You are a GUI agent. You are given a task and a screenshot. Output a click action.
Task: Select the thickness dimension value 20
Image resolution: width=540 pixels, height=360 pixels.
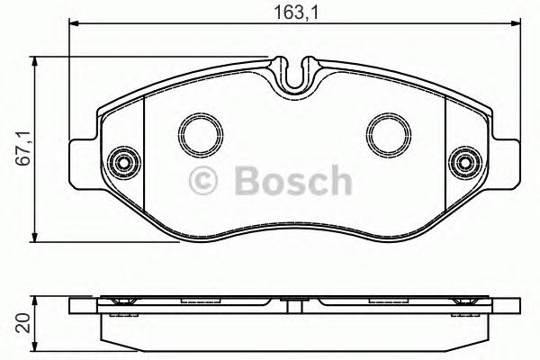(24, 323)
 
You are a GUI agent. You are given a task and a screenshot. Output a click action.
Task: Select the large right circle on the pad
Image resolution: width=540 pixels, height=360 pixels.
(387, 134)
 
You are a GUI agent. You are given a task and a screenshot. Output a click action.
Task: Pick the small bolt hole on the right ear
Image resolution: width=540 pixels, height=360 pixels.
(465, 163)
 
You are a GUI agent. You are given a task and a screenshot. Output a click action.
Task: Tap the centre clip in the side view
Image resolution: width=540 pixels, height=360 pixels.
(293, 301)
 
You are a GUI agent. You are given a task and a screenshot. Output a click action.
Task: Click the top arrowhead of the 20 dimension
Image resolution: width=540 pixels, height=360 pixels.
(36, 301)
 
